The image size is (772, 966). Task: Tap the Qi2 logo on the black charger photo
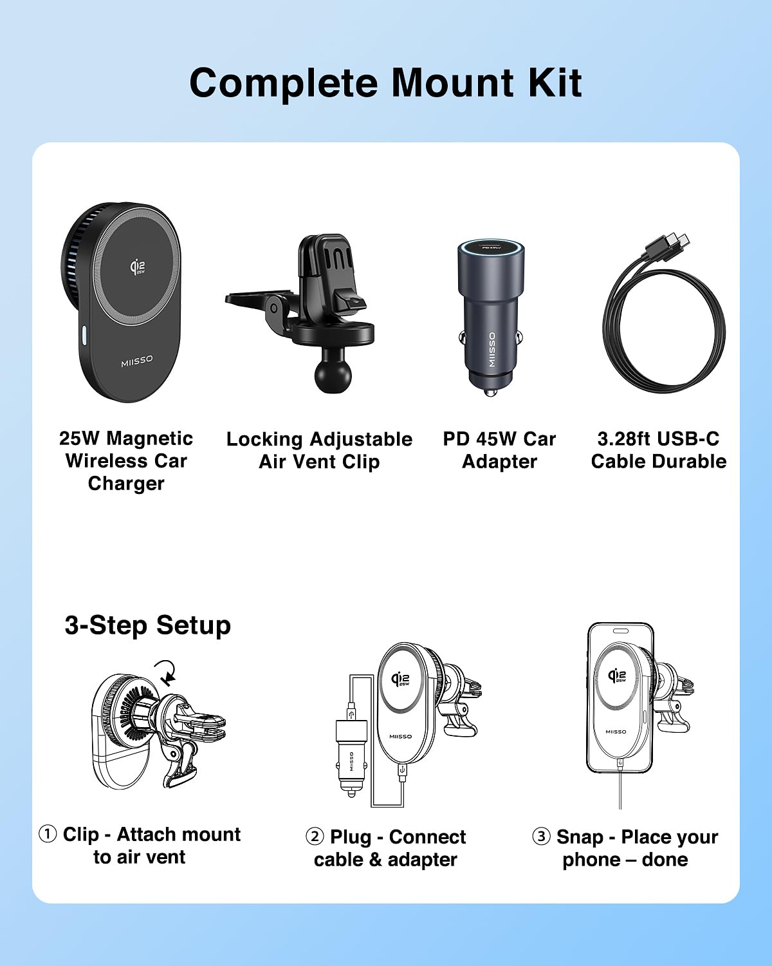[x=137, y=267]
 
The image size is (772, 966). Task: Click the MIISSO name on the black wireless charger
[x=137, y=361]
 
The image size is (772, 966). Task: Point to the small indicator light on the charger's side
[x=84, y=336]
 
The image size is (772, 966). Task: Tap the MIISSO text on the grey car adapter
[x=492, y=350]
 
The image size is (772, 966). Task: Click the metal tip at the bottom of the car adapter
[x=491, y=392]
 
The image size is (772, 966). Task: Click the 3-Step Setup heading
[x=147, y=625]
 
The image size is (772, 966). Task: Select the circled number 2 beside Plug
[x=315, y=837]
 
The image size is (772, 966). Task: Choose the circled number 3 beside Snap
[x=541, y=837]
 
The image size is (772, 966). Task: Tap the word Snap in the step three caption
[x=579, y=838]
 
